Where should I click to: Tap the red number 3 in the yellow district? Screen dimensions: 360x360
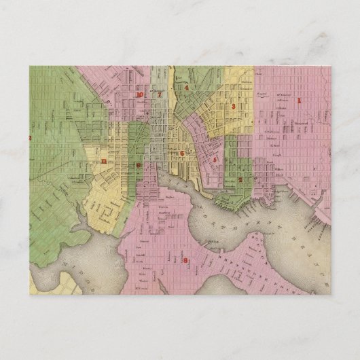pyautogui.click(x=233, y=107)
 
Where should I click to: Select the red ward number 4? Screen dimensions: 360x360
pyautogui.click(x=186, y=88)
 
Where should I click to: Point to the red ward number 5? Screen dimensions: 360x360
pyautogui.click(x=215, y=159)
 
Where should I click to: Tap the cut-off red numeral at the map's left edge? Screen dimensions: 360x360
pyautogui.click(x=31, y=138)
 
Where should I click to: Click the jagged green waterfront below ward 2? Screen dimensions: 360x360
pyautogui.click(x=228, y=197)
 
